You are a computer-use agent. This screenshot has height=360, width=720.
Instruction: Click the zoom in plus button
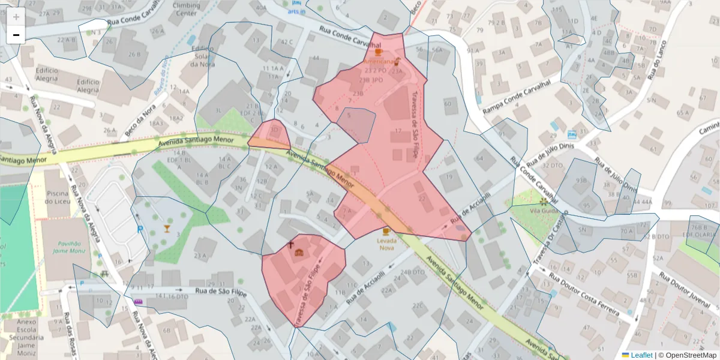16,17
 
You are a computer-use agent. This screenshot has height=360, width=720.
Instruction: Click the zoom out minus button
16,35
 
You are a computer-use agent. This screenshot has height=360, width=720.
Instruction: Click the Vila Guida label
544,211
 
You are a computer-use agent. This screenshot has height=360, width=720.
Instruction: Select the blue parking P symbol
140,229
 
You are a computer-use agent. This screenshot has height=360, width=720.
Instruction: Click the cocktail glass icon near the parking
167,228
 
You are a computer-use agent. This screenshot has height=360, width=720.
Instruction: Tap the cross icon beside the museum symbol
291,245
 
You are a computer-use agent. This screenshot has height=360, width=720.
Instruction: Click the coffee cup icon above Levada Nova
386,231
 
